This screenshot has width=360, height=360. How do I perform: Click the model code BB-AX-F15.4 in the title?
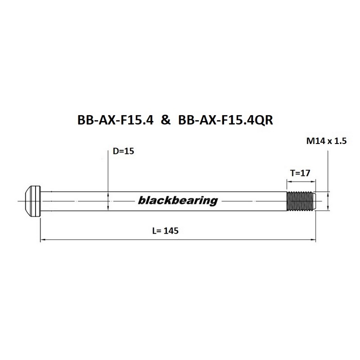tap(115, 120)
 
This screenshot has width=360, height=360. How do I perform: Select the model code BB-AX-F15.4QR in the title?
tap(226, 120)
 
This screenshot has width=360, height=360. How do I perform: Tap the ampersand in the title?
tap(166, 120)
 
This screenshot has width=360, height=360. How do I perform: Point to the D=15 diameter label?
tap(123, 151)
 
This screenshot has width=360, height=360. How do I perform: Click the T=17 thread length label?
tap(300, 173)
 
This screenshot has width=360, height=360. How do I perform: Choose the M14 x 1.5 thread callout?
tap(326, 141)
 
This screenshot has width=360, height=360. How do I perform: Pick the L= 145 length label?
tap(165, 231)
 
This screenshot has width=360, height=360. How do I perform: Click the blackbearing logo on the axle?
tap(178, 200)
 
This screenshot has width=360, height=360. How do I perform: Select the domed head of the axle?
tap(32, 201)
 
